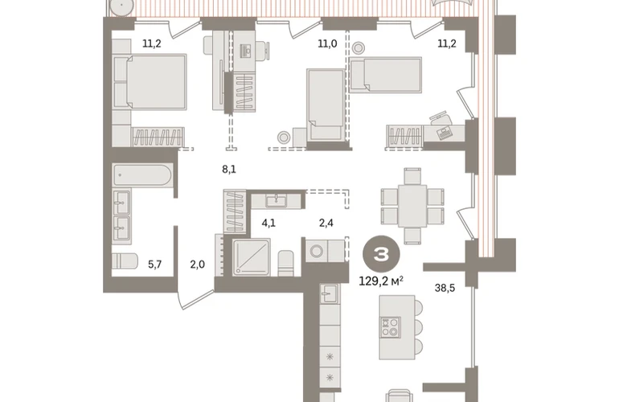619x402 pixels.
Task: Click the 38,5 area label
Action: click(445, 289)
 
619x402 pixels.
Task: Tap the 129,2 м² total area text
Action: click(381, 281)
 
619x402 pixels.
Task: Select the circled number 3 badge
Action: click(381, 255)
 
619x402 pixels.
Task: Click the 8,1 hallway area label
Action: click(229, 170)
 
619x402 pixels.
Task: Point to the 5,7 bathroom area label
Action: click(154, 265)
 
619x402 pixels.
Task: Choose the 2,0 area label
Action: click(198, 265)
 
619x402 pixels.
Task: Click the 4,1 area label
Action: click(269, 224)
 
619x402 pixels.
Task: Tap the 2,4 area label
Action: click(326, 224)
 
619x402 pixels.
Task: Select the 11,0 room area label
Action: click(328, 43)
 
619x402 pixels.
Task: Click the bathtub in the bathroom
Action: click(142, 175)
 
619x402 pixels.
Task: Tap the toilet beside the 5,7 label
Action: click(125, 261)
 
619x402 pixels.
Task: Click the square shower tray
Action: click(252, 257)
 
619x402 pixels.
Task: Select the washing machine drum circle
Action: click(317, 251)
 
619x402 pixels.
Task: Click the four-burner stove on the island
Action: click(390, 327)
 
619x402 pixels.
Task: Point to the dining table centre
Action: click(412, 206)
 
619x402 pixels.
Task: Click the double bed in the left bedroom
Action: click(150, 82)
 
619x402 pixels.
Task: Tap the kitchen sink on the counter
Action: click(329, 293)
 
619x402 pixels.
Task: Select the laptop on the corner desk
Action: click(445, 133)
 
